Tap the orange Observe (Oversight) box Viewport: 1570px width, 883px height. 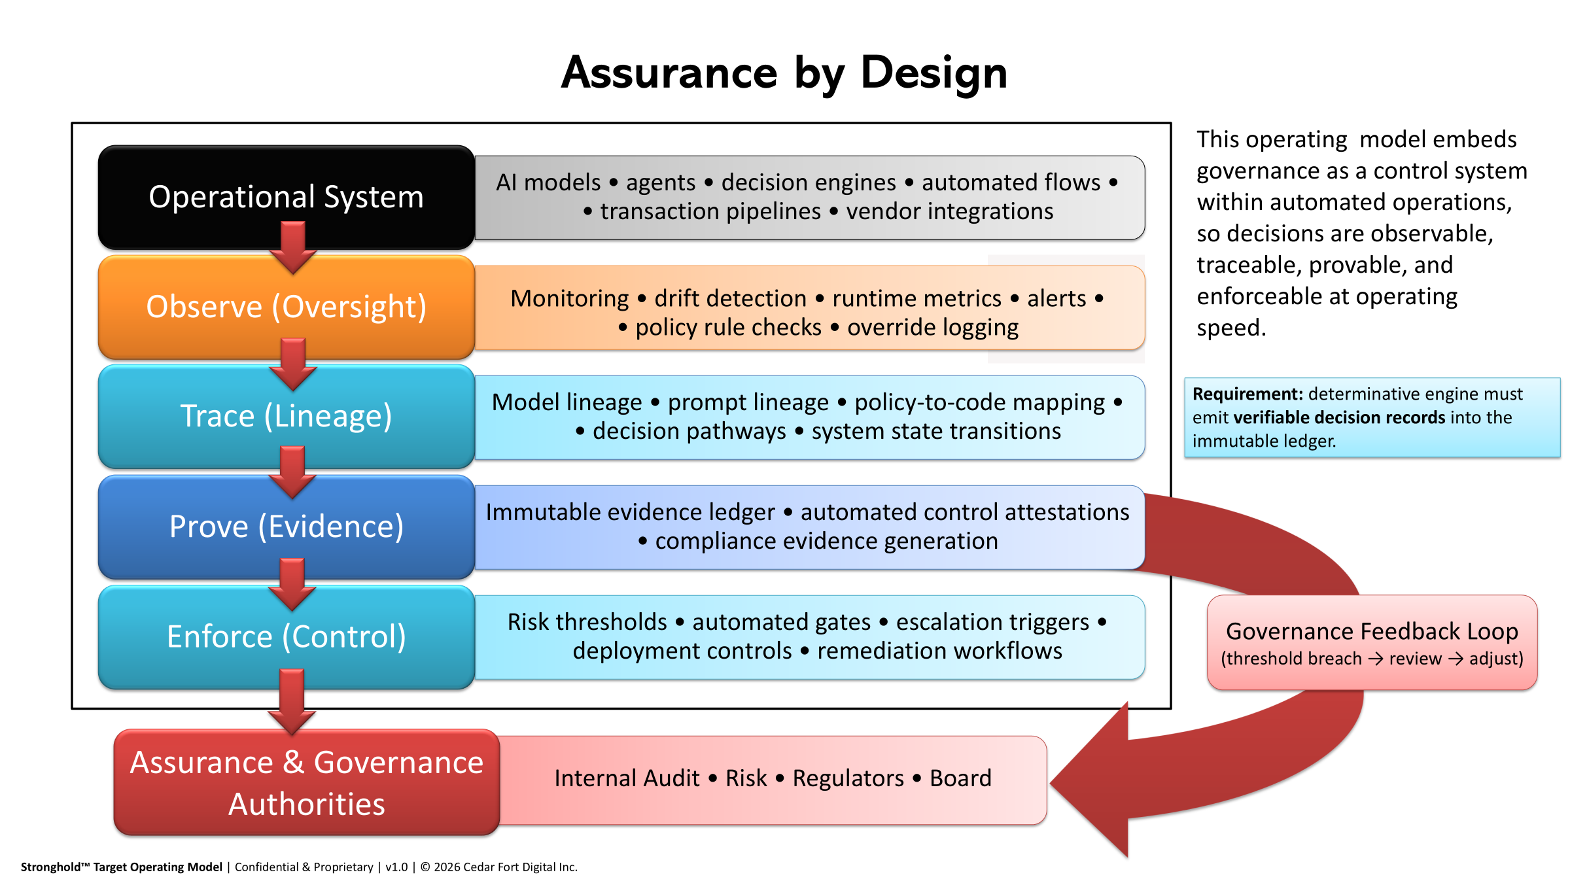286,306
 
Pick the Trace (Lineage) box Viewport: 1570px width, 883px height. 286,416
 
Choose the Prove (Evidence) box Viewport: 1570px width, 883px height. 286,527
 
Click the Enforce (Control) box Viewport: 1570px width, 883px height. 286,636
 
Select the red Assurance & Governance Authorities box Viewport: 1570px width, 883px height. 306,783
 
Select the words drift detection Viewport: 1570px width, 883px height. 730,298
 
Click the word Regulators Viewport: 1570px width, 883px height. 848,778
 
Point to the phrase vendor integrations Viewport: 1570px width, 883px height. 949,211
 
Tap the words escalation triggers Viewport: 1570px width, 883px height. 992,622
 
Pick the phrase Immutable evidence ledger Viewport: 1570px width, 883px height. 630,512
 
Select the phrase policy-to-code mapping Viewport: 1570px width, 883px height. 979,402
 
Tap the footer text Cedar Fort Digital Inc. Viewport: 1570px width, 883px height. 519,867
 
